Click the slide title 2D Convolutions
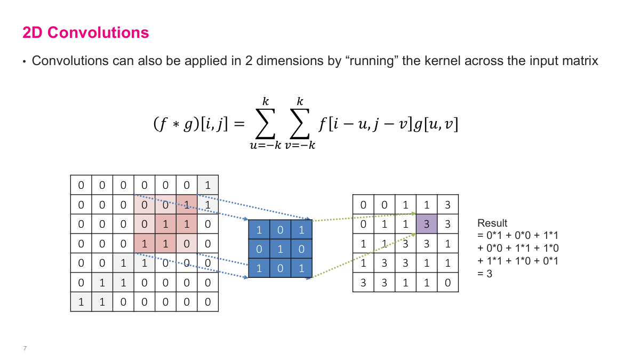pos(85,33)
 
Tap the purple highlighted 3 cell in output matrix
pos(427,224)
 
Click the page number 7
pos(25,348)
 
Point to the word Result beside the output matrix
pos(492,223)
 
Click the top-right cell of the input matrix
pos(207,185)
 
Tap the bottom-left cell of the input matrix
pos(81,302)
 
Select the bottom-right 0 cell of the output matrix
pos(447,283)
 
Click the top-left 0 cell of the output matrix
pos(364,205)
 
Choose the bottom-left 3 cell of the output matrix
pos(364,283)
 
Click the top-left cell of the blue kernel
pos(259,230)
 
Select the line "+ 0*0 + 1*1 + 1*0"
pos(518,248)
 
